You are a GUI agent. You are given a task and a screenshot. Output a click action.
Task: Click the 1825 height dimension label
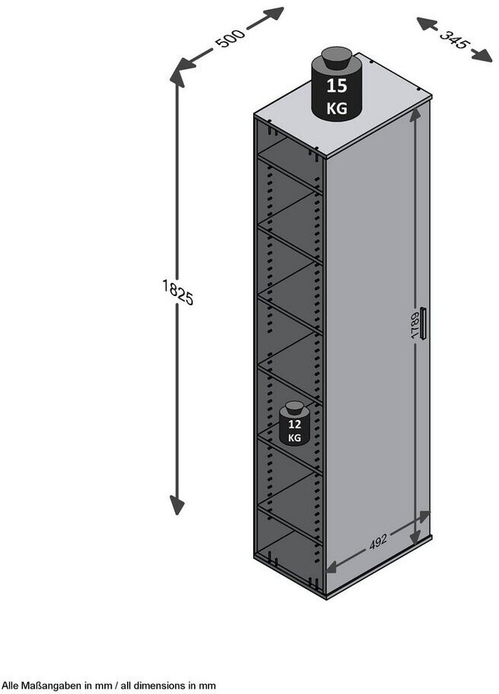click(x=178, y=292)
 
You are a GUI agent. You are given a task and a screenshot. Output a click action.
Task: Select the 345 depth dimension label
click(x=453, y=39)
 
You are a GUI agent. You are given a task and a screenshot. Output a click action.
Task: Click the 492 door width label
click(x=378, y=541)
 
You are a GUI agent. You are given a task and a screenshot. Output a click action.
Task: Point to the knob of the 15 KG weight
click(x=336, y=58)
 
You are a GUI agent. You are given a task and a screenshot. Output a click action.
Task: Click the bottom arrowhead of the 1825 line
click(x=177, y=505)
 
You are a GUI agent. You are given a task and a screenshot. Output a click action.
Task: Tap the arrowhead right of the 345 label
click(x=482, y=56)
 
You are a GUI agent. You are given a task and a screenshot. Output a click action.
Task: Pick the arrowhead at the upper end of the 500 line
click(x=275, y=13)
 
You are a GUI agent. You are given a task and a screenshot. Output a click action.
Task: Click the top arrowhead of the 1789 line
click(x=415, y=115)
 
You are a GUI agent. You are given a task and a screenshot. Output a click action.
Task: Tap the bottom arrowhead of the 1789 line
click(x=415, y=526)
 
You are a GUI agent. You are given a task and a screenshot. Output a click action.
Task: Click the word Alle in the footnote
click(x=11, y=685)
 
